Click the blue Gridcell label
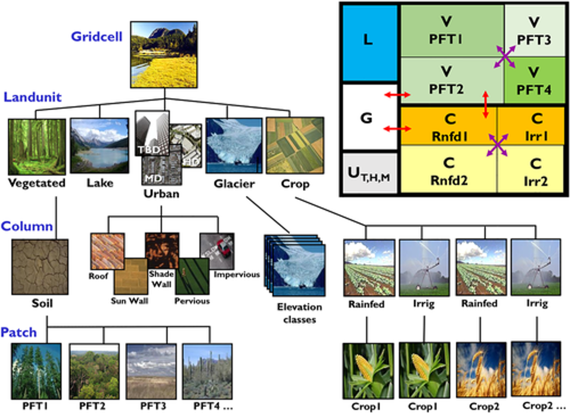(97, 36)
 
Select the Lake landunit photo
(99, 145)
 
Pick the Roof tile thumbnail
(107, 251)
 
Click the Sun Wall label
(130, 301)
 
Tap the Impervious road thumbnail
(217, 251)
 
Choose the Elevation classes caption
(300, 313)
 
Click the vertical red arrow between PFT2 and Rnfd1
(485, 106)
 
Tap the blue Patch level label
(19, 332)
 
